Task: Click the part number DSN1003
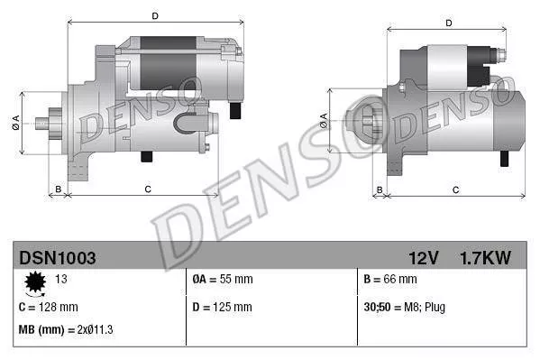click(x=58, y=258)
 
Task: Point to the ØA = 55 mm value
click(x=223, y=280)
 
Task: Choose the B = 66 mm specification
click(x=391, y=280)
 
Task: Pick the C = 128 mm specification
click(x=49, y=307)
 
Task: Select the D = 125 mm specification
click(x=223, y=307)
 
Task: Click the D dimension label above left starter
click(x=155, y=16)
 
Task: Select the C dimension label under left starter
click(x=146, y=189)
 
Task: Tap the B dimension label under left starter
click(x=59, y=189)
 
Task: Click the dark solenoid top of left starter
click(x=167, y=43)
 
